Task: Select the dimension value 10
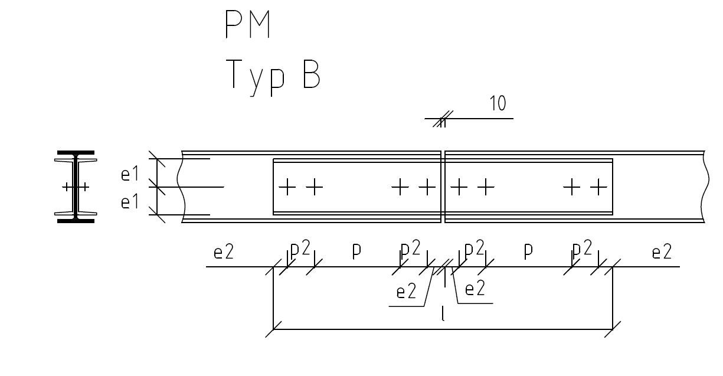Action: (x=498, y=104)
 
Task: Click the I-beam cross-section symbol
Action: (x=76, y=187)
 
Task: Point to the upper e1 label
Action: (x=129, y=175)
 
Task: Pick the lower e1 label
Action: (x=129, y=202)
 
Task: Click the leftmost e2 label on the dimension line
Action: (x=224, y=253)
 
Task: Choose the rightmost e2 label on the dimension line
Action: (x=662, y=253)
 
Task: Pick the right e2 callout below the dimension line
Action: (x=475, y=290)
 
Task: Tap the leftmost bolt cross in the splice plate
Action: (x=287, y=187)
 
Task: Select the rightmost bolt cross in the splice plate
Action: (x=598, y=187)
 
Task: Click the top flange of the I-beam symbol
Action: (x=76, y=153)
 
